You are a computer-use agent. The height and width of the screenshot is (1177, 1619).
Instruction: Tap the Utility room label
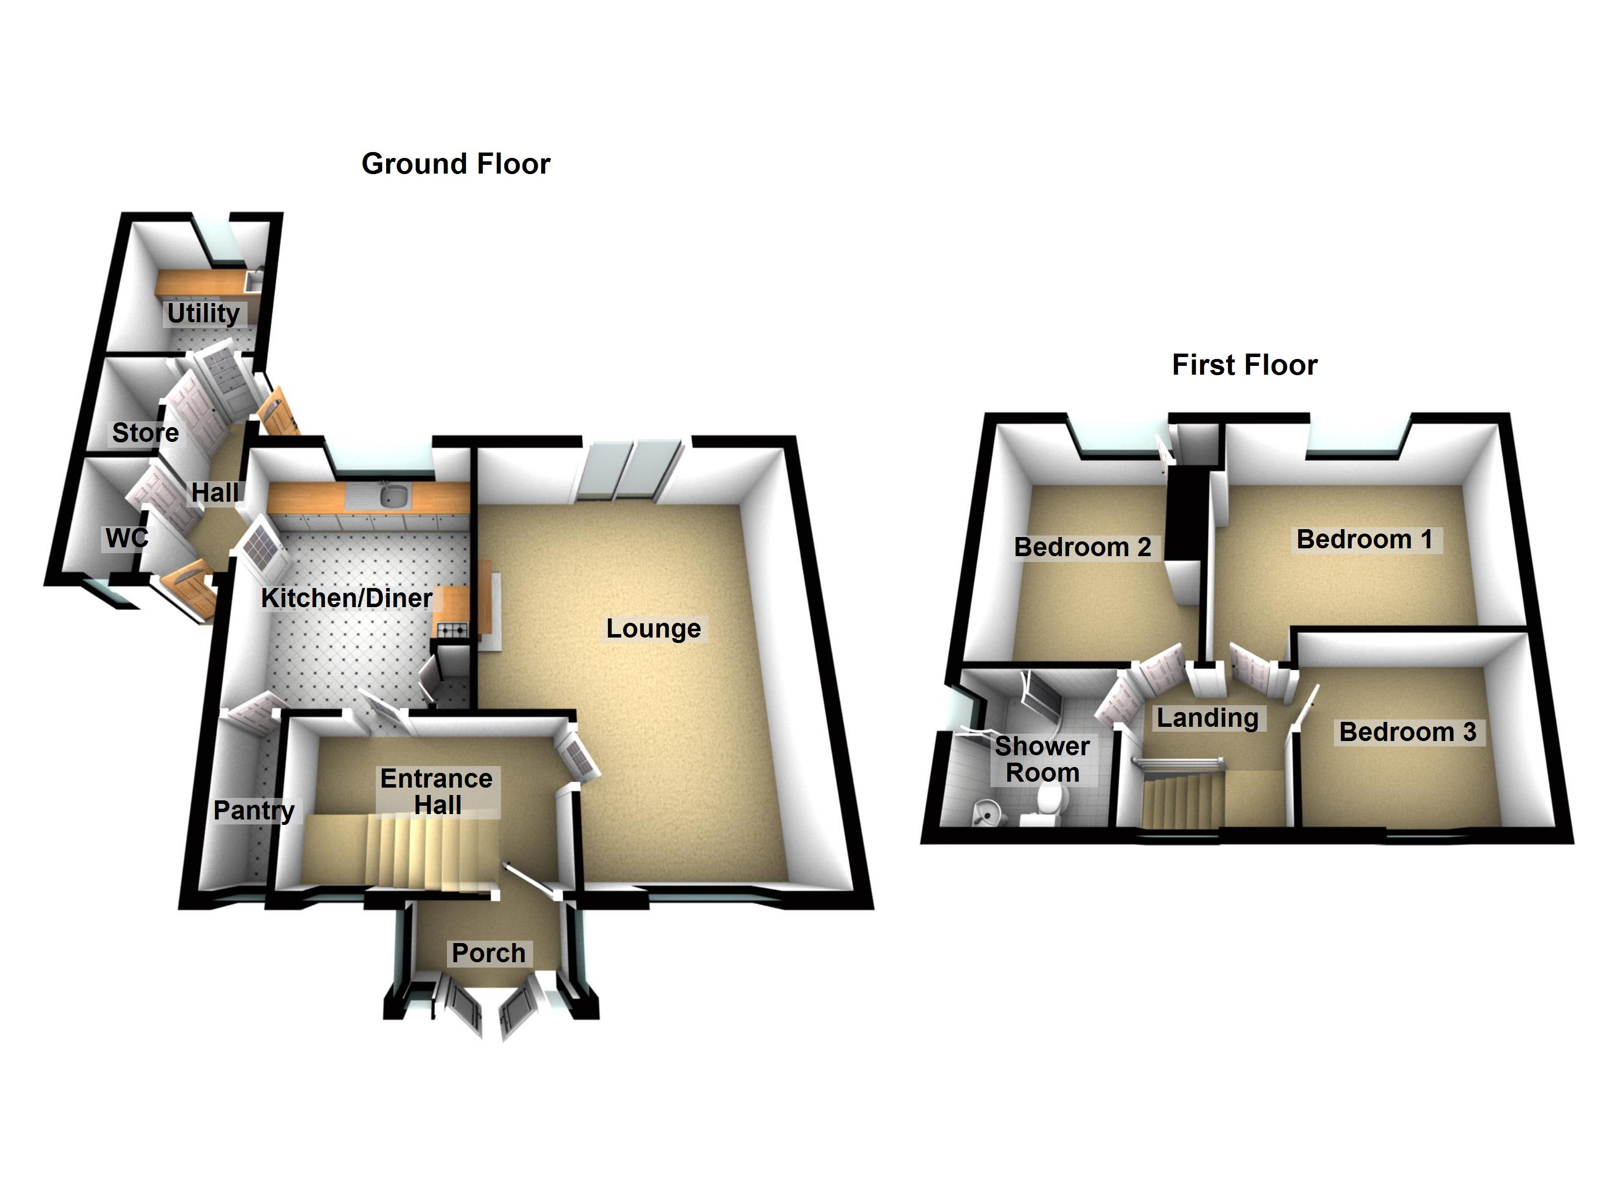204,313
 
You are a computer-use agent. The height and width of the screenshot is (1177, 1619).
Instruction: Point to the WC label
127,537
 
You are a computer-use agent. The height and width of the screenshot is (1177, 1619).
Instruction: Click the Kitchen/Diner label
346,598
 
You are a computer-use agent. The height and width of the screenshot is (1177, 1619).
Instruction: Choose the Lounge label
653,629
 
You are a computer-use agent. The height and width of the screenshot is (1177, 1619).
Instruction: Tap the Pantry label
254,810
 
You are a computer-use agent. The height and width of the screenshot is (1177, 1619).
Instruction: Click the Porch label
488,953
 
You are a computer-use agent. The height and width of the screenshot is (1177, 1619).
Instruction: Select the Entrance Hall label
436,792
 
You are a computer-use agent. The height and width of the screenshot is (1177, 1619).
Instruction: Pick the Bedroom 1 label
1364,539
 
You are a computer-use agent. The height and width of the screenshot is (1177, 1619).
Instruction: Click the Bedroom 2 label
1082,547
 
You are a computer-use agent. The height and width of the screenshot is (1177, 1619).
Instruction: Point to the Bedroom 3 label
1407,732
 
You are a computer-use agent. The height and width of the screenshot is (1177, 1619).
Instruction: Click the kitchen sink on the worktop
392,495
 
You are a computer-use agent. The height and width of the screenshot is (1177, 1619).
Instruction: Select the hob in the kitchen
451,630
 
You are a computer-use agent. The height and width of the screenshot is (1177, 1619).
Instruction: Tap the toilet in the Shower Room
1045,802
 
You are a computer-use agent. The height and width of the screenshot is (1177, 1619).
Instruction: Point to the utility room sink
254,281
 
